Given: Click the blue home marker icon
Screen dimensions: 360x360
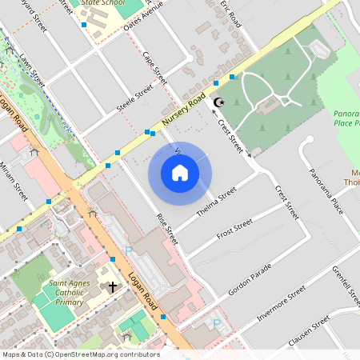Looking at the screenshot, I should [x=180, y=173].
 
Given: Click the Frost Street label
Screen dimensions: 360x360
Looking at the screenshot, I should [x=234, y=228].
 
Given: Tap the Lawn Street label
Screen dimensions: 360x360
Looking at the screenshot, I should [x=30, y=66].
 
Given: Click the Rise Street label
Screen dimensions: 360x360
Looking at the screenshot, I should [x=167, y=229].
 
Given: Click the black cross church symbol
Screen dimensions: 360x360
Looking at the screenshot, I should [x=113, y=286].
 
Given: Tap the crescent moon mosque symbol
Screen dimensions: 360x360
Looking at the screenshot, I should [x=218, y=102].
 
